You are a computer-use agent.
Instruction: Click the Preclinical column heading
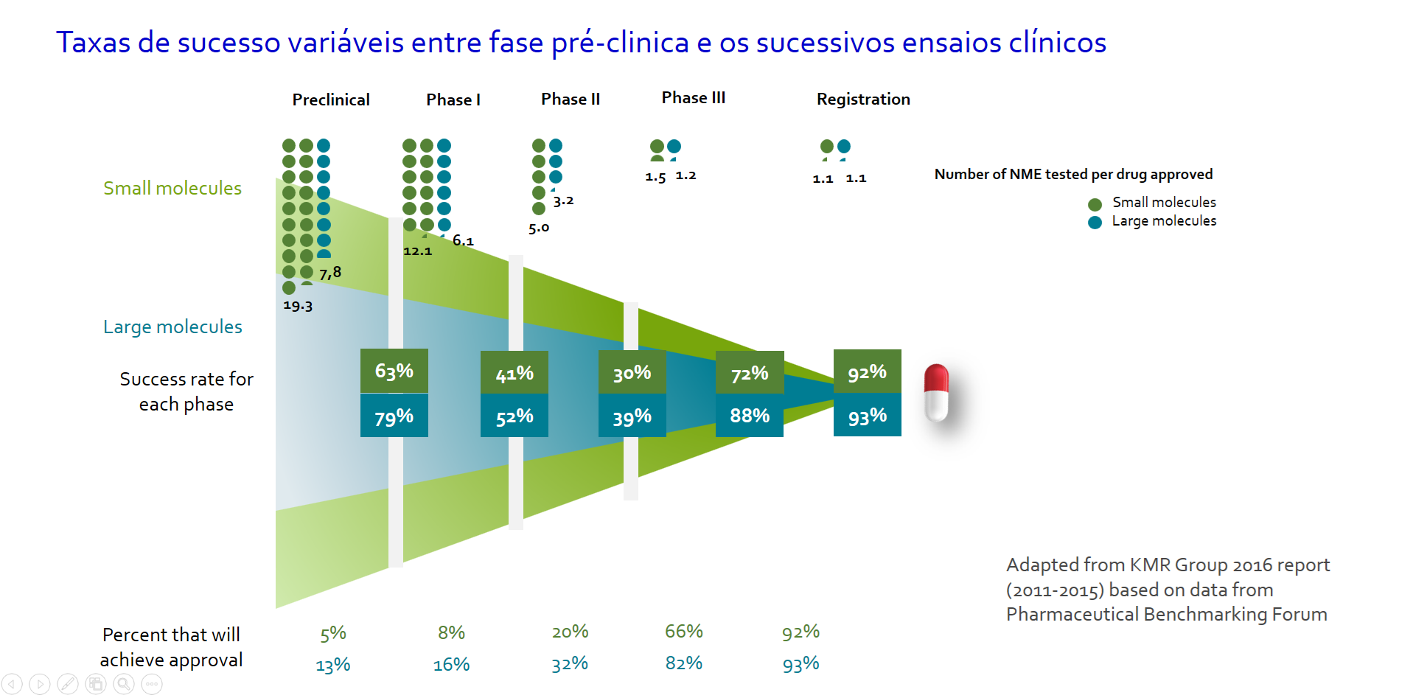point(331,100)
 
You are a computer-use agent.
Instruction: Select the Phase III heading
point(693,98)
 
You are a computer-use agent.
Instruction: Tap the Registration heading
point(863,100)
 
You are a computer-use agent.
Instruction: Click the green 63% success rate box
point(394,371)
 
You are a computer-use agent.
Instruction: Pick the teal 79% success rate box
point(394,416)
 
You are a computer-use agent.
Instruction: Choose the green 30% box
point(632,373)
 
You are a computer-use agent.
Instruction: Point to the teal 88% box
point(749,416)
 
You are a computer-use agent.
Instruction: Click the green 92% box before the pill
point(867,371)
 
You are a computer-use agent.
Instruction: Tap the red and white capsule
point(936,392)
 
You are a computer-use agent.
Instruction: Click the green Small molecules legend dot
point(1095,204)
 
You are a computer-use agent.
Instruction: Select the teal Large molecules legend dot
point(1095,222)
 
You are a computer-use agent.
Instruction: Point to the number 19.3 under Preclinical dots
point(298,306)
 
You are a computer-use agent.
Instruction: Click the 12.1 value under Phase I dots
point(417,251)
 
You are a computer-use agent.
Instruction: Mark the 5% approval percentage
point(333,633)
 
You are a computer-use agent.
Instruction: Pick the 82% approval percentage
point(683,663)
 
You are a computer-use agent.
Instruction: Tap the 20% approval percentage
point(570,632)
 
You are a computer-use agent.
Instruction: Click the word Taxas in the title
point(94,43)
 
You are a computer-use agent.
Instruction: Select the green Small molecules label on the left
point(172,189)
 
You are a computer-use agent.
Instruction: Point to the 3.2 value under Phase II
point(563,201)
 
